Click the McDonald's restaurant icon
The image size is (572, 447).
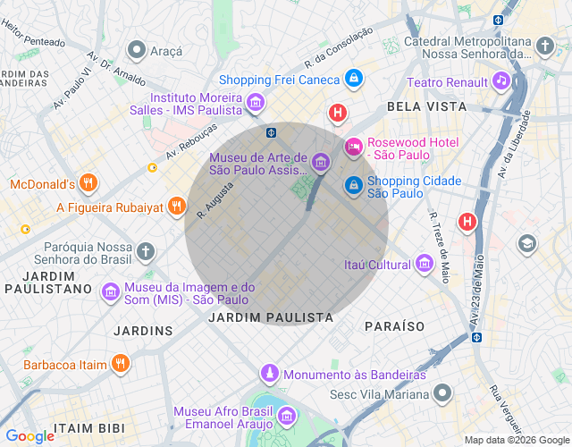click(87, 184)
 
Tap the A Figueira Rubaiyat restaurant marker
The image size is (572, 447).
click(178, 207)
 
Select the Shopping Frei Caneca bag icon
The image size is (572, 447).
click(355, 80)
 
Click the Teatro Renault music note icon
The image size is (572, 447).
click(501, 82)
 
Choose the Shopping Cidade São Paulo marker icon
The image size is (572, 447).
click(354, 185)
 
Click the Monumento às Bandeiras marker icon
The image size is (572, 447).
click(269, 373)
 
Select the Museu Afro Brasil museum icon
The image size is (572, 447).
click(287, 417)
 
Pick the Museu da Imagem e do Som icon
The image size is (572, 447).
click(110, 291)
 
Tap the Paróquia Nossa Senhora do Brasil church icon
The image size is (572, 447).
click(147, 251)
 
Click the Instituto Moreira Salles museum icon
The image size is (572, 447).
click(257, 103)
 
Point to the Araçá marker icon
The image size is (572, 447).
click(137, 49)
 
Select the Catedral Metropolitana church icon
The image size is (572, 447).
click(546, 46)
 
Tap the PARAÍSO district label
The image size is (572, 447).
click(394, 326)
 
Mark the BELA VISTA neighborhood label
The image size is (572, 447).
click(426, 106)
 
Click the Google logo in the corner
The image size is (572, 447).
click(29, 435)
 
